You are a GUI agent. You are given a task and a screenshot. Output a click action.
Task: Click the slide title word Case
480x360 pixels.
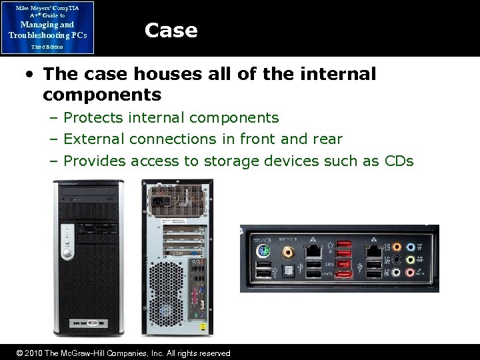[171, 31]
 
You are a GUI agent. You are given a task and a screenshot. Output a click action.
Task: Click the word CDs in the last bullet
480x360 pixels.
[399, 161]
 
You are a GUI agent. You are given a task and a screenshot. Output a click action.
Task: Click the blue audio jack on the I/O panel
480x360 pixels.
[411, 246]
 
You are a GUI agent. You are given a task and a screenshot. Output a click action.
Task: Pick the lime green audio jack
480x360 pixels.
[411, 259]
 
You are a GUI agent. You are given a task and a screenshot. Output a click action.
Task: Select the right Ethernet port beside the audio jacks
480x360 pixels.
[373, 252]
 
